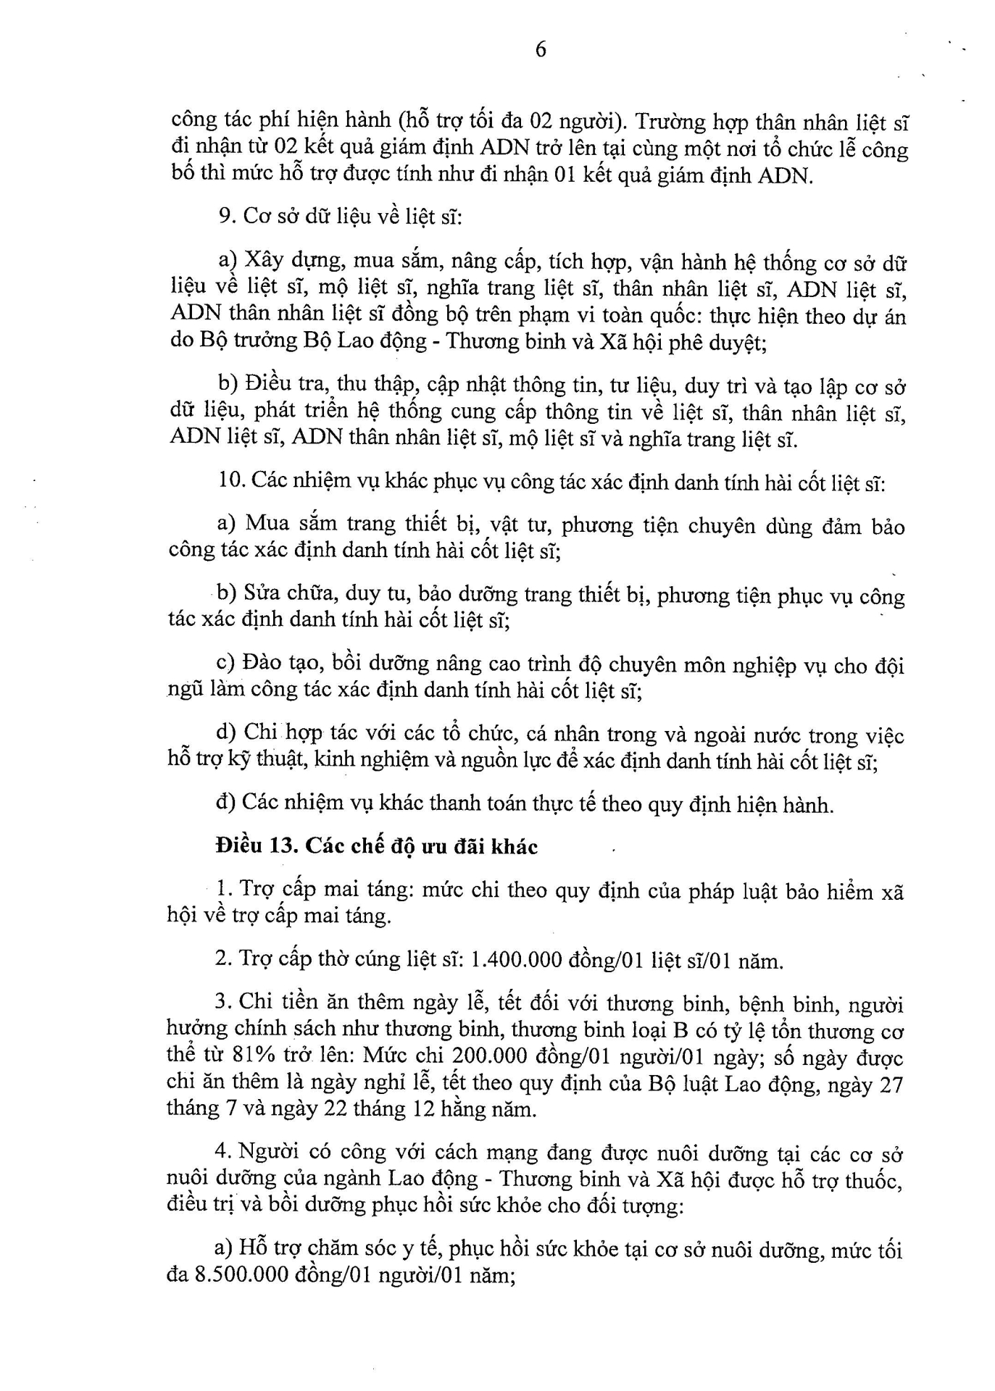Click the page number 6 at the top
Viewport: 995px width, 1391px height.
(x=540, y=49)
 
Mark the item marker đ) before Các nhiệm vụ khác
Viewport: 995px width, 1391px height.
(x=225, y=803)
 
